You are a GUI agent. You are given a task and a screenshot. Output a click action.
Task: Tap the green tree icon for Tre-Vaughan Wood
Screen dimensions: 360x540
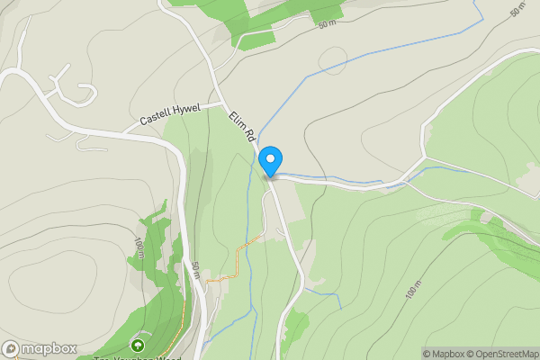tap(138, 345)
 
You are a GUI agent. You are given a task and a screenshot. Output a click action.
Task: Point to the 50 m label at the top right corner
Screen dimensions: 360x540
tap(517, 11)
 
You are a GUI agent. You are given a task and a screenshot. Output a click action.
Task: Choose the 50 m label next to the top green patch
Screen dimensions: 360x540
tap(326, 23)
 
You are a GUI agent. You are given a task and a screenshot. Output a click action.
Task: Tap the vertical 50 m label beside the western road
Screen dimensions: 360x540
tap(195, 269)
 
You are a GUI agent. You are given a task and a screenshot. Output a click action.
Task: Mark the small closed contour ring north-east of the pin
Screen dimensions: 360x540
tap(333, 60)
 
